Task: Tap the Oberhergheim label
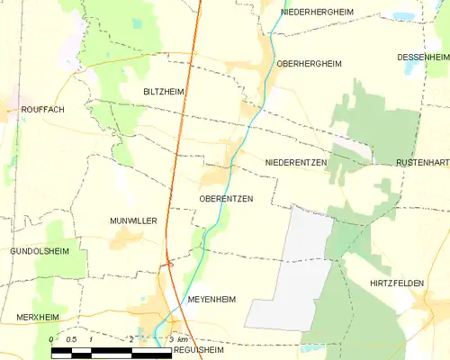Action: tap(310, 64)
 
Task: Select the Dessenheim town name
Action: tap(422, 58)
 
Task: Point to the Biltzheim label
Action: tap(164, 93)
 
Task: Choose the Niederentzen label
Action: tap(296, 162)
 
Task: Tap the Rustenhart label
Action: tap(422, 163)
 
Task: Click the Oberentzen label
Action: tap(225, 198)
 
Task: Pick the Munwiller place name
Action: tap(133, 220)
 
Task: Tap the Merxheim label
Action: tap(38, 318)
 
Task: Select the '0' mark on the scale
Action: tap(51, 338)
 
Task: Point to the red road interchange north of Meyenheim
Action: tap(168, 263)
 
